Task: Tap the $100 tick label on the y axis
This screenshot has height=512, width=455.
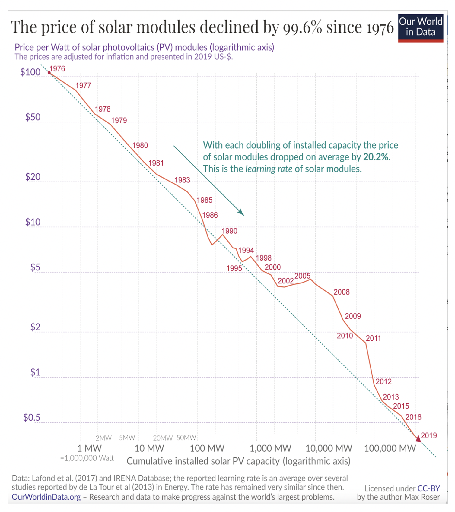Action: [x=30, y=72]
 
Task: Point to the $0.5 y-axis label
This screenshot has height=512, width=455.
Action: [x=32, y=417]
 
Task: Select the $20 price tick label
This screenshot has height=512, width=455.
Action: [x=33, y=177]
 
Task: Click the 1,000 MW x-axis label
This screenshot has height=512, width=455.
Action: [x=270, y=448]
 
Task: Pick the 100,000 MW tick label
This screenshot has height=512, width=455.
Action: [x=390, y=448]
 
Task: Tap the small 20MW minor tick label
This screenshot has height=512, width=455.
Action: [x=163, y=438]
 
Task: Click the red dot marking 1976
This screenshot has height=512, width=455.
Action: [x=49, y=73]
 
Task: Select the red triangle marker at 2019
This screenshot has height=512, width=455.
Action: [x=418, y=439]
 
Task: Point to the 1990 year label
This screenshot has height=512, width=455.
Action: [x=229, y=231]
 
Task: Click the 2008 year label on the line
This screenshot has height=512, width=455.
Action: [x=341, y=292]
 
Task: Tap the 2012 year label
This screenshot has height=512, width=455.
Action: [x=383, y=381]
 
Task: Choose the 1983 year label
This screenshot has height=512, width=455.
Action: [x=182, y=180]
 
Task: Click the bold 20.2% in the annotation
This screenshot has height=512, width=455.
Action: [x=376, y=157]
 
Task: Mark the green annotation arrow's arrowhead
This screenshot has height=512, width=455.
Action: [x=241, y=213]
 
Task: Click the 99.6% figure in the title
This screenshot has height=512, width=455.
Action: [x=302, y=27]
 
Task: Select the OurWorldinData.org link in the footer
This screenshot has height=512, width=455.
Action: [x=46, y=497]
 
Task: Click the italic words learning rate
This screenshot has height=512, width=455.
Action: [x=269, y=169]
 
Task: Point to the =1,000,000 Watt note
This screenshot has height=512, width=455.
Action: [x=87, y=458]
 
